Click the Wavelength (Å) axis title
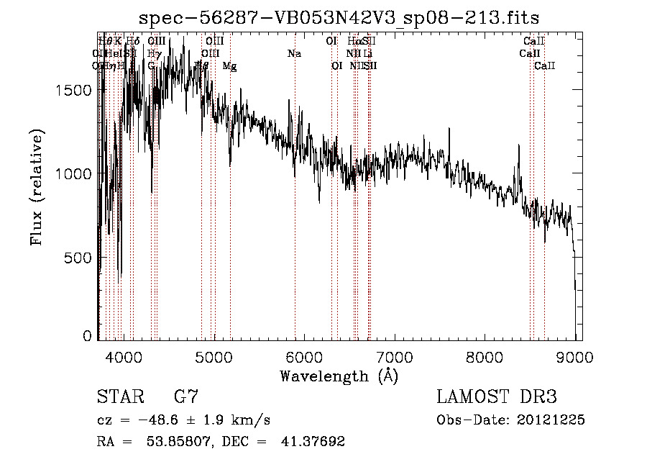pyautogui.click(x=339, y=376)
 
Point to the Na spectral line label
pyautogui.click(x=294, y=53)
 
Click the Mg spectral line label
pyautogui.click(x=229, y=66)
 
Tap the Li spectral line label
pyautogui.click(x=367, y=53)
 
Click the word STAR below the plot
pyautogui.click(x=119, y=396)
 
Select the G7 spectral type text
pyautogui.click(x=186, y=396)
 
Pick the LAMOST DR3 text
pyautogui.click(x=497, y=396)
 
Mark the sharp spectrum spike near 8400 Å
pyautogui.click(x=518, y=146)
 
